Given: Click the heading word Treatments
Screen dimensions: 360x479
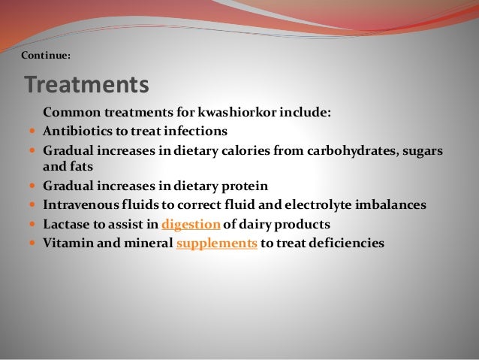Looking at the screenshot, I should point(86,84).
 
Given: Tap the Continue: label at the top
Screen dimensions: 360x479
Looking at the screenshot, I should point(46,54).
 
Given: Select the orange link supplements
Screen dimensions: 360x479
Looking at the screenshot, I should point(216,243).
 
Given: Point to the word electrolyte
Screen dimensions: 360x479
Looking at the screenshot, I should point(330,204).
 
